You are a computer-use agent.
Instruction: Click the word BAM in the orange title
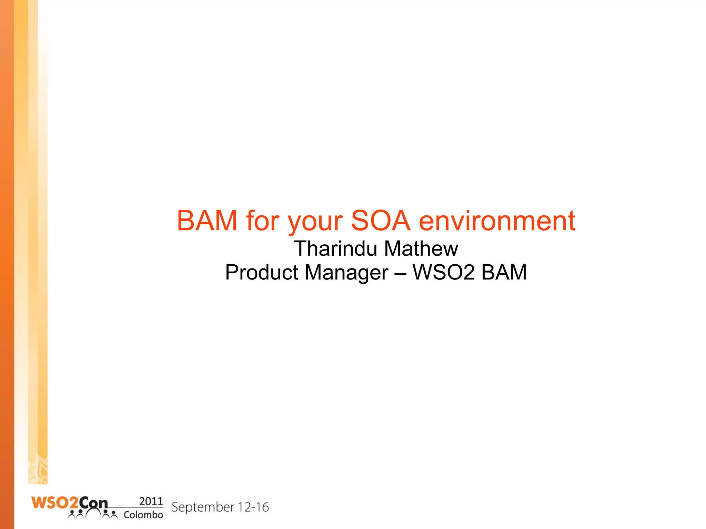(207, 221)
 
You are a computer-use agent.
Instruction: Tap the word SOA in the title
(381, 221)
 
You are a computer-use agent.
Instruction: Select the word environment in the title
(497, 221)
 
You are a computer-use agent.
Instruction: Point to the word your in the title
(315, 222)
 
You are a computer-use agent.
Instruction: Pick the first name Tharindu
(335, 248)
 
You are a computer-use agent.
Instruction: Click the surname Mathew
(421, 248)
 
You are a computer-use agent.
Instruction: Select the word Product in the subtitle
(262, 272)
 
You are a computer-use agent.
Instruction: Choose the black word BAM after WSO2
(504, 272)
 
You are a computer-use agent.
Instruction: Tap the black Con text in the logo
(93, 503)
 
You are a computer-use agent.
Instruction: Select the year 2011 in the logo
(151, 501)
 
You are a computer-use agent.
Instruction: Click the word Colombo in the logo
(143, 515)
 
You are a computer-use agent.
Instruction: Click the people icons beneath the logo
(93, 514)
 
